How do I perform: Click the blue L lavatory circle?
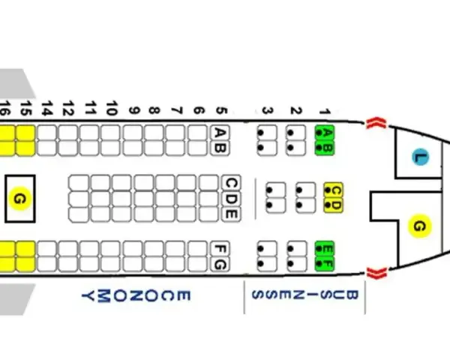pyautogui.click(x=421, y=157)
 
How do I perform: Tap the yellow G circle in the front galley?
pyautogui.click(x=419, y=226)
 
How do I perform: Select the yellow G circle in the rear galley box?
pyautogui.click(x=19, y=199)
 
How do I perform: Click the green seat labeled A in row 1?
pyautogui.click(x=325, y=133)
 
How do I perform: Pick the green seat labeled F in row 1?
pyautogui.click(x=325, y=264)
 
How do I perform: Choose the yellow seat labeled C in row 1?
pyautogui.click(x=333, y=190)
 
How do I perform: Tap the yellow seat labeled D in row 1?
pyautogui.click(x=333, y=205)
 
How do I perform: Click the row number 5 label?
pyautogui.click(x=221, y=111)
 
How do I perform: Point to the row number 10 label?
pyautogui.click(x=112, y=108)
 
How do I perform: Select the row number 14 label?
pyautogui.click(x=46, y=108)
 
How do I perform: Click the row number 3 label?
pyautogui.click(x=268, y=111)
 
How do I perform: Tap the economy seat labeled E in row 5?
pyautogui.click(x=231, y=214)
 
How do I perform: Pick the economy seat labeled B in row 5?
pyautogui.click(x=220, y=148)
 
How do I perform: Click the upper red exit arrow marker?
pyautogui.click(x=376, y=123)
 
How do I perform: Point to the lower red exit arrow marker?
pyautogui.click(x=376, y=273)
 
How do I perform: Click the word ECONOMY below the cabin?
pyautogui.click(x=136, y=296)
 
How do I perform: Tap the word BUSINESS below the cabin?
pyautogui.click(x=305, y=295)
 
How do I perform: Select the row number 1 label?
pyautogui.click(x=325, y=112)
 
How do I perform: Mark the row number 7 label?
pyautogui.click(x=177, y=111)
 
